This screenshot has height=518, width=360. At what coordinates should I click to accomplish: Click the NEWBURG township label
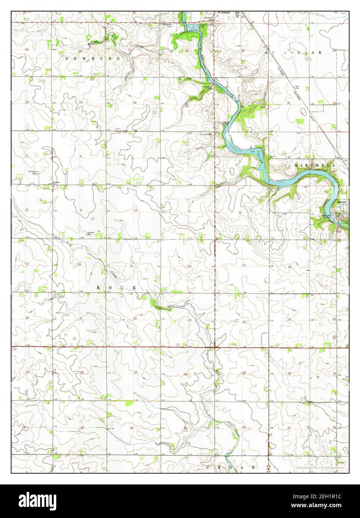92,59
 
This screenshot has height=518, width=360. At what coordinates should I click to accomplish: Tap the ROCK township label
116,288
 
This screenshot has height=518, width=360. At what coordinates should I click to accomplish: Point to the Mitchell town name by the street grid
342,202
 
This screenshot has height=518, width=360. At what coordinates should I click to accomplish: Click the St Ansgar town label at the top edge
224,12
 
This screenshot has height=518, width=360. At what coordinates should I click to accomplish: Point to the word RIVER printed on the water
260,160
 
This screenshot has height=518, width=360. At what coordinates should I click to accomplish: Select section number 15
131,266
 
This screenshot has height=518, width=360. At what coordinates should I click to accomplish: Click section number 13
244,265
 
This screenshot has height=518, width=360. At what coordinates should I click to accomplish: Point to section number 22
135,318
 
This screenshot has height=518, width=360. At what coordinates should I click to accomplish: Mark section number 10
136,211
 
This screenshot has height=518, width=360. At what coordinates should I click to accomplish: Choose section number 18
289,267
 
